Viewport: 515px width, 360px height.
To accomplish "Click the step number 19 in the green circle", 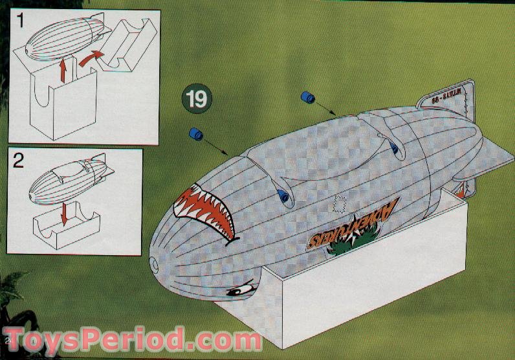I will (x=198, y=99).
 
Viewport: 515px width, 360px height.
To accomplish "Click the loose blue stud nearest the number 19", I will (x=195, y=135).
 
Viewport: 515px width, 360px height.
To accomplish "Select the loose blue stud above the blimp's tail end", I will (x=307, y=98).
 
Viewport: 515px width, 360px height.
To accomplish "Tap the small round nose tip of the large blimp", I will (x=154, y=263).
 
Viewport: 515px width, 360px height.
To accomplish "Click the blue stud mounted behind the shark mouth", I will (x=282, y=196).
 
